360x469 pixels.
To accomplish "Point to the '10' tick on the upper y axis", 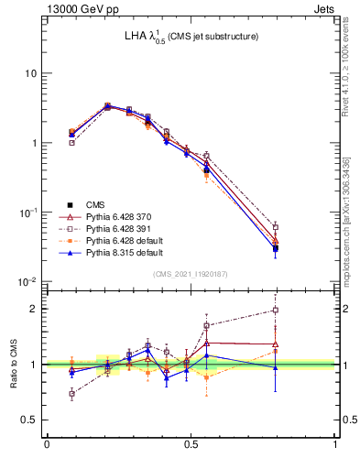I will click(x=31, y=73).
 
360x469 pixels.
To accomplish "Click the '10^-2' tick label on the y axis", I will click(x=27, y=282).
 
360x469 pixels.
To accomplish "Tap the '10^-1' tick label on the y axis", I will click(x=27, y=213).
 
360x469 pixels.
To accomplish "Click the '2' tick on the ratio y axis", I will click(x=34, y=309).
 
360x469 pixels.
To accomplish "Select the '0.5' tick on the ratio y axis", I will click(x=30, y=420).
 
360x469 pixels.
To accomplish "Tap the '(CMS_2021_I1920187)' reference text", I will click(x=191, y=274).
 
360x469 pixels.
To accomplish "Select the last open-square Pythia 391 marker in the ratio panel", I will click(x=275, y=311).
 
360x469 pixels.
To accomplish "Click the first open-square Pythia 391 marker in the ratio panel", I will click(x=71, y=394).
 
